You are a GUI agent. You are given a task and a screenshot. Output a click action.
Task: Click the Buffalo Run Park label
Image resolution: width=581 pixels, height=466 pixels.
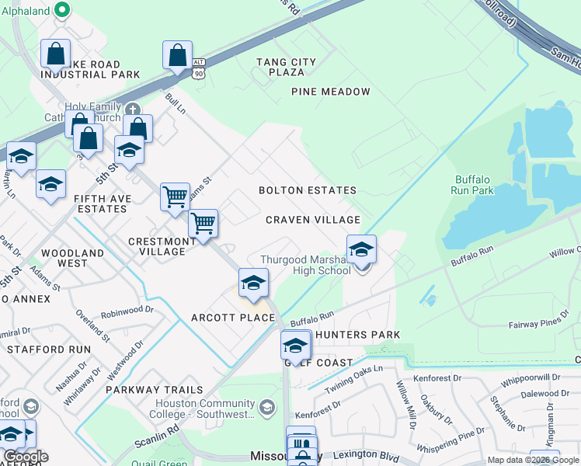click(x=471, y=184)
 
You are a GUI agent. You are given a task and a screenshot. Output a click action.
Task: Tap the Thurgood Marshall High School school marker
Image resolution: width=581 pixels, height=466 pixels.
click(x=361, y=251)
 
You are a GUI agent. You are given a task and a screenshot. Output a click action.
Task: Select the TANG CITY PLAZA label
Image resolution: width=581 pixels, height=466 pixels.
click(x=286, y=67)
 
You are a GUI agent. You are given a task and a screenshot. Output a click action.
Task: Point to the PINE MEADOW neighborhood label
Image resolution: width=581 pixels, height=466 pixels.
click(x=331, y=92)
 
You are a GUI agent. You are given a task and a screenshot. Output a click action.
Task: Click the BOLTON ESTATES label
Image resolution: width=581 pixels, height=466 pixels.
click(x=308, y=190)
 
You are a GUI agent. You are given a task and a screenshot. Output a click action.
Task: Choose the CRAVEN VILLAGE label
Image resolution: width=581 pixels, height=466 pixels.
click(x=313, y=221)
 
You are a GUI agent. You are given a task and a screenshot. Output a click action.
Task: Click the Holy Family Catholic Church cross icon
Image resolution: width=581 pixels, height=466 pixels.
click(x=132, y=109)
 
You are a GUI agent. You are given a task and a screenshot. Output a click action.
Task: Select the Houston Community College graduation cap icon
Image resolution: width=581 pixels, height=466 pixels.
click(x=266, y=407)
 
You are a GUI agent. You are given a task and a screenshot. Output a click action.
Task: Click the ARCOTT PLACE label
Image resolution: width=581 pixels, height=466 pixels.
click(x=222, y=318)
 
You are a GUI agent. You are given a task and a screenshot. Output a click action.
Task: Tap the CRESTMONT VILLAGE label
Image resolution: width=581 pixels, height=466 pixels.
click(x=162, y=246)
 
